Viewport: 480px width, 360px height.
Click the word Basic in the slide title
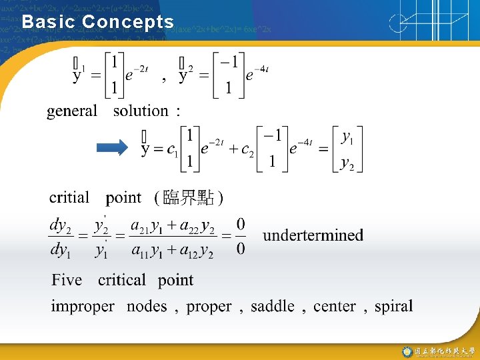(49, 22)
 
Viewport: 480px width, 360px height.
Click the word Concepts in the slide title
(128, 22)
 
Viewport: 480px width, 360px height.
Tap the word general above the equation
(72, 111)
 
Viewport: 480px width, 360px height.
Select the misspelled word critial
(69, 197)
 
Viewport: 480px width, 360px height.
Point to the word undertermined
(313, 235)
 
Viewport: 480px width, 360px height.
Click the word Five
(67, 280)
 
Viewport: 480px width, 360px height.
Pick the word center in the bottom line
(335, 307)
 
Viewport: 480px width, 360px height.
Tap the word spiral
(393, 307)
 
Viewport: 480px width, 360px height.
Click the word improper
(83, 307)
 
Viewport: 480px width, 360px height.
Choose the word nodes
(147, 307)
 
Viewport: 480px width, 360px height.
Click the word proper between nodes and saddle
(209, 307)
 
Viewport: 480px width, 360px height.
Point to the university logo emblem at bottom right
(407, 351)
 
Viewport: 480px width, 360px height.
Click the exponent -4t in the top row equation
(261, 70)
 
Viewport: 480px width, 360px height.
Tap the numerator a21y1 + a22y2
(173, 227)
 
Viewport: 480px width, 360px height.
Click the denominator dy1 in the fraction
(59, 251)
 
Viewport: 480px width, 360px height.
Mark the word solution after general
(141, 111)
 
